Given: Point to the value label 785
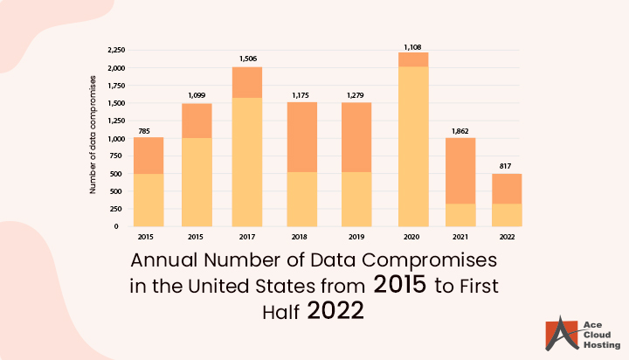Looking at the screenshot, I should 143,131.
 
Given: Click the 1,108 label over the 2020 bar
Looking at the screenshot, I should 412,45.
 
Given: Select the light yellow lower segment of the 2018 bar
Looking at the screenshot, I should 302,198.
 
